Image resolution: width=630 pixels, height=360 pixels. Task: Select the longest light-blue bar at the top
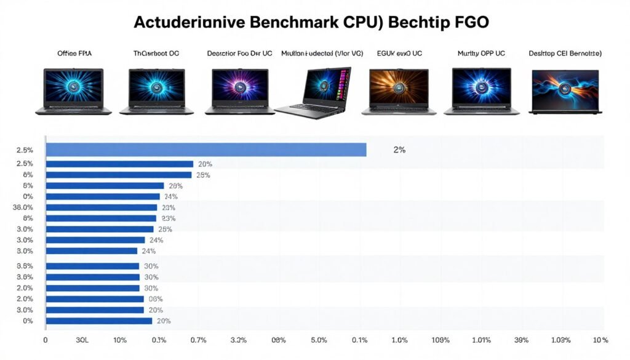206,150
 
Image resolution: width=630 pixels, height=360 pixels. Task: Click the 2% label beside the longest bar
399,150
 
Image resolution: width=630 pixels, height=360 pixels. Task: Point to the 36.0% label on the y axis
22,207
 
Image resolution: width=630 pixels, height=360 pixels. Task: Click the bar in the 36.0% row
102,207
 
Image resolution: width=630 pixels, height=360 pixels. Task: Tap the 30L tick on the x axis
82,340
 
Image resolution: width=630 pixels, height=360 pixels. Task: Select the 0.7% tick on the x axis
198,340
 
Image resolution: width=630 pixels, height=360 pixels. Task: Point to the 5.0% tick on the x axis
318,340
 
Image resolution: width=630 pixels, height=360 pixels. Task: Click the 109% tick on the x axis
441,340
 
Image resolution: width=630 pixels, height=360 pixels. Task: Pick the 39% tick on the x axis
520,340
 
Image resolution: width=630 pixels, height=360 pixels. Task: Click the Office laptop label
74,54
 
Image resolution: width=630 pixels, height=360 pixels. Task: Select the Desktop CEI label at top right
565,54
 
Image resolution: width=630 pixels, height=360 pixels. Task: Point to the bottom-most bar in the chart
98,321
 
